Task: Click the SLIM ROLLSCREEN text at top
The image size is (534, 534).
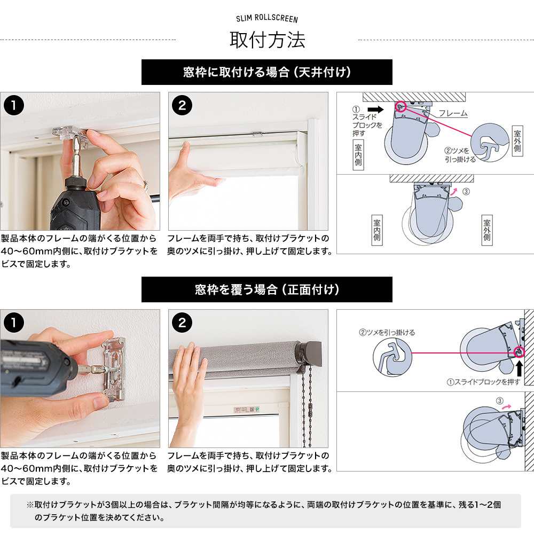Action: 267,18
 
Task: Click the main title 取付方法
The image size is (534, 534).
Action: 268,40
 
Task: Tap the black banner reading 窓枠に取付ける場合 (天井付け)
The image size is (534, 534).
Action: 266,72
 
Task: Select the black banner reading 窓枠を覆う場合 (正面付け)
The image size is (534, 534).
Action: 266,289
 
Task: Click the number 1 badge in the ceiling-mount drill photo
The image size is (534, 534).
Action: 14,105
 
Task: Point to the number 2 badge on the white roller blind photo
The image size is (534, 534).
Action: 182,105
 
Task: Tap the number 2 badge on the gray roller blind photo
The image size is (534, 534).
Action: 182,323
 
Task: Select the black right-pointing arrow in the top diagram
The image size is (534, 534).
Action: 375,109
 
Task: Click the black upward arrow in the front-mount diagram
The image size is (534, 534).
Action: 520,368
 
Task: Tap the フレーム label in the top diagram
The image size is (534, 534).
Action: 453,113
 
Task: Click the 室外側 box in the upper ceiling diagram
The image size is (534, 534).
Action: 517,142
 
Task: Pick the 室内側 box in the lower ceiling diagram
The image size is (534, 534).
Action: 376,230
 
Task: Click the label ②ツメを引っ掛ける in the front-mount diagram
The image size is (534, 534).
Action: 387,332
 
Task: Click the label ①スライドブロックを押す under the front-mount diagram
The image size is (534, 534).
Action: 484,382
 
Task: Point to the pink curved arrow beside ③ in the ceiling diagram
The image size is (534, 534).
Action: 454,192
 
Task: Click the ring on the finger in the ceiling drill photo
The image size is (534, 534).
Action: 146,185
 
